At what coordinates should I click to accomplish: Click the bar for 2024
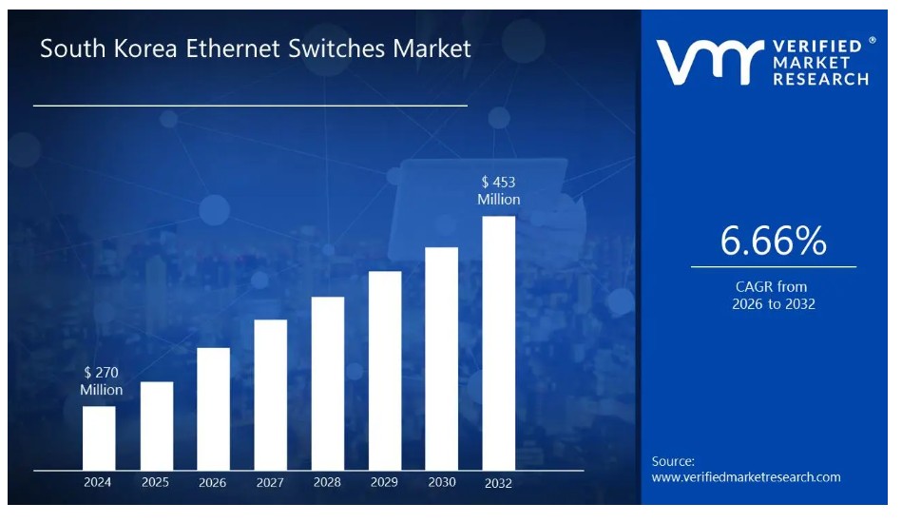99,437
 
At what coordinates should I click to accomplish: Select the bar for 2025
157,425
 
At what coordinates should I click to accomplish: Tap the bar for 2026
214,408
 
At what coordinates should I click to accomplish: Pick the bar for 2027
271,394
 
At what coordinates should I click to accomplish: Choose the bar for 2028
328,382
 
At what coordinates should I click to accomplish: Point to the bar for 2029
385,370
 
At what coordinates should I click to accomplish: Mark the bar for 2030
441,358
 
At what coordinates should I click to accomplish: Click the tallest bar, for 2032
499,342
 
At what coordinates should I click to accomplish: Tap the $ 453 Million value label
499,190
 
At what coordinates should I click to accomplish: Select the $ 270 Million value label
101,381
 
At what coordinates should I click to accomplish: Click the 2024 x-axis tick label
98,482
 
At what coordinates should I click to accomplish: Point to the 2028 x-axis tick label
327,482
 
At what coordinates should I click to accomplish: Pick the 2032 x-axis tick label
498,483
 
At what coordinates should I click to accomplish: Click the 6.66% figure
773,242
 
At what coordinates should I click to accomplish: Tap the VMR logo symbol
708,62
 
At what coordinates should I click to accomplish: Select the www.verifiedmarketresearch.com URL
746,477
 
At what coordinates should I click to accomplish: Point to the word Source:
673,461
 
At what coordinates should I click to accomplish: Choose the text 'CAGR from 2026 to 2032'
773,296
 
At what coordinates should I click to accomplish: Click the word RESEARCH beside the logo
821,80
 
